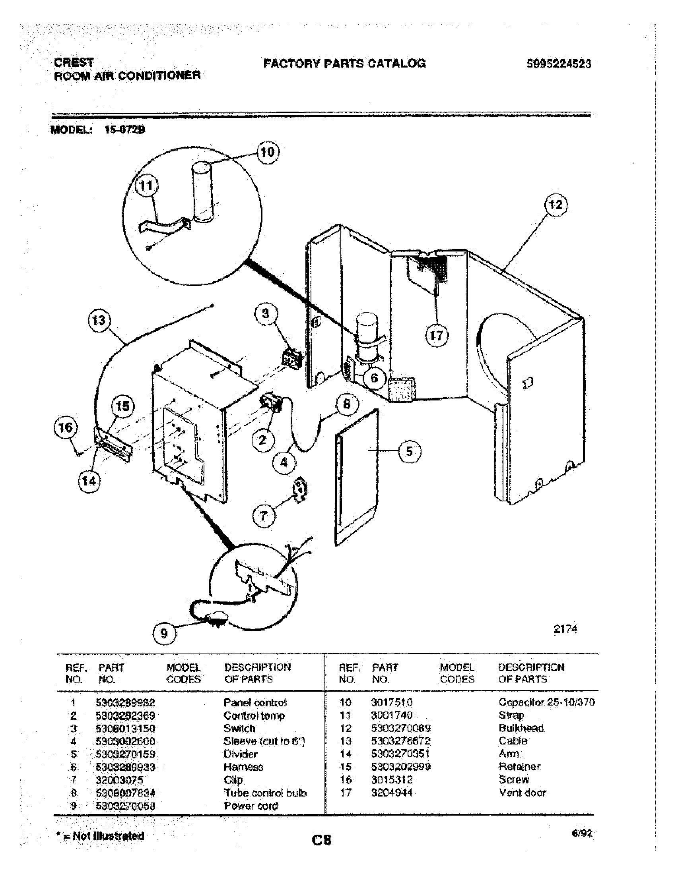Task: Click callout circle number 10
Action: pyautogui.click(x=268, y=152)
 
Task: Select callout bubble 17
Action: pyautogui.click(x=436, y=335)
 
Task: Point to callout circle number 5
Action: pyautogui.click(x=409, y=451)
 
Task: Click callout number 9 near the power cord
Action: pyautogui.click(x=164, y=633)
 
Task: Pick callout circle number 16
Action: pyautogui.click(x=66, y=427)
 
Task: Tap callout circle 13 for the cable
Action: pyautogui.click(x=99, y=320)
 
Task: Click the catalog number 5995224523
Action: pyautogui.click(x=559, y=64)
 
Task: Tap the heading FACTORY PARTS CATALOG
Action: pyautogui.click(x=344, y=63)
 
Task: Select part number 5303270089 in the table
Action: pyautogui.click(x=400, y=728)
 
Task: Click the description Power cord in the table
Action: pyautogui.click(x=251, y=806)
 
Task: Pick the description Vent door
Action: pyautogui.click(x=522, y=793)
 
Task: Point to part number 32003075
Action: pyautogui.click(x=119, y=780)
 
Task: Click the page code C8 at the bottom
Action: pyautogui.click(x=322, y=839)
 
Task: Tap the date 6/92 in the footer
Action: pyautogui.click(x=582, y=833)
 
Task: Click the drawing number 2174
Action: pyautogui.click(x=565, y=629)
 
